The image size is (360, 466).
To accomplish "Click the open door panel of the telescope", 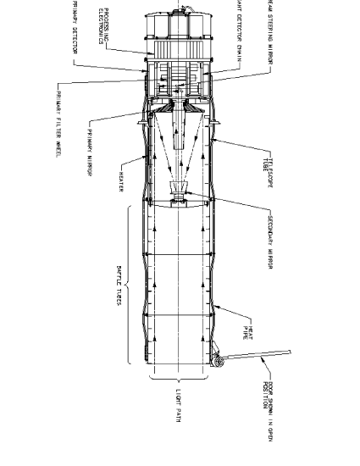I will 258,355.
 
